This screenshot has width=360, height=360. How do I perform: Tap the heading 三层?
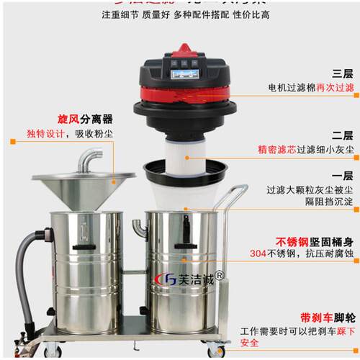[342, 73]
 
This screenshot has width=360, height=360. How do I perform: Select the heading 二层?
[342, 135]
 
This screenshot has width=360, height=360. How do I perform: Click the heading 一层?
[342, 176]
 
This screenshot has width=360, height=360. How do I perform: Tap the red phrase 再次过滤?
[337, 87]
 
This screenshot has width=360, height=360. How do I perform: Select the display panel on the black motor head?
[185, 73]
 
